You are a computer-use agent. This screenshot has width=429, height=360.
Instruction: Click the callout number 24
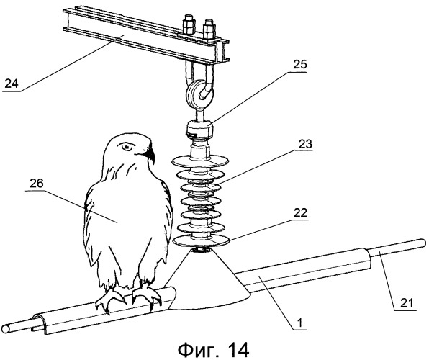[12, 84]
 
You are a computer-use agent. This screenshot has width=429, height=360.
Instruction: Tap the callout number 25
[300, 64]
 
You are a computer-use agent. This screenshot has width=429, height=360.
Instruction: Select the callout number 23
[304, 143]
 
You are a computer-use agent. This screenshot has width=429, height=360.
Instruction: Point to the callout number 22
[300, 212]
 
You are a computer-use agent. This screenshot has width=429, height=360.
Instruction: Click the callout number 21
[408, 303]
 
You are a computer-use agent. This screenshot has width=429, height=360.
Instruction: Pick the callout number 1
[300, 323]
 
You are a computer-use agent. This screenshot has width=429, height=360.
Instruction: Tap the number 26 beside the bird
[37, 184]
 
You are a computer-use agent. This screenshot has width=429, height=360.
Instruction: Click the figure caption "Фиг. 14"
[213, 349]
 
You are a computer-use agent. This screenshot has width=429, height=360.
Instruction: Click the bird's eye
[127, 148]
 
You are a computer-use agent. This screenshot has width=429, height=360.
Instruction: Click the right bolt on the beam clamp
[210, 29]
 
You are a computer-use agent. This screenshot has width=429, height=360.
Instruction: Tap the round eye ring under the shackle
[199, 93]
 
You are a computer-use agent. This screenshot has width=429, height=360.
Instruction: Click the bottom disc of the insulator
[201, 241]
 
